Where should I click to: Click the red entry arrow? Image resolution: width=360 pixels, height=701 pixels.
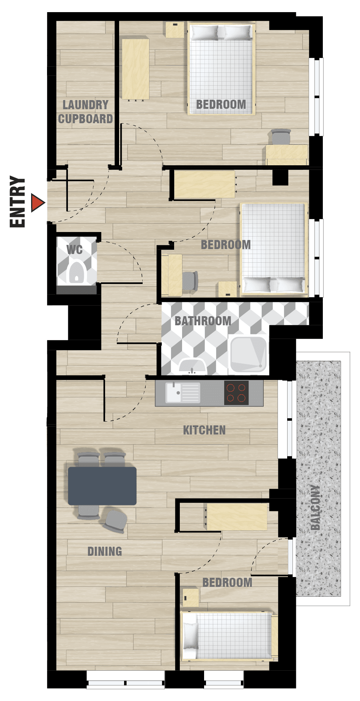click(37, 203)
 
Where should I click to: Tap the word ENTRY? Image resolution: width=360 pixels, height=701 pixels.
click(17, 202)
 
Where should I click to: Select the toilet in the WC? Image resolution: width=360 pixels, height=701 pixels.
click(77, 272)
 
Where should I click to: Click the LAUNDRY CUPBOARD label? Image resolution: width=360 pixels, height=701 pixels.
click(86, 112)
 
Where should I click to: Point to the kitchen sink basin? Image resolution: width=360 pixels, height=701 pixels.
click(174, 393)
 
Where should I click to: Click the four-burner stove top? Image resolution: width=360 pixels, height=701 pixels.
click(236, 393)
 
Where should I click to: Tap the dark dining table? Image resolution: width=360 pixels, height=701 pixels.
click(102, 486)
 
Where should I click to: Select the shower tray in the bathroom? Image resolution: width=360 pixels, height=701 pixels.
click(248, 354)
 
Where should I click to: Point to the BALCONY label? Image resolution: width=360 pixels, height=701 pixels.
click(315, 507)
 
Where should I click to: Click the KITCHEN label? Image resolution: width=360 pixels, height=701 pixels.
click(204, 430)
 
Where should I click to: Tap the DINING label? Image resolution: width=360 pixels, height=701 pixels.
click(105, 551)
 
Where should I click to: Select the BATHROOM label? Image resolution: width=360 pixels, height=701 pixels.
click(203, 321)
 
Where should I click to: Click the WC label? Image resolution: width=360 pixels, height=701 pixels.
click(74, 250)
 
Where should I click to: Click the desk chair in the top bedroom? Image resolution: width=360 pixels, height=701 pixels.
click(281, 137)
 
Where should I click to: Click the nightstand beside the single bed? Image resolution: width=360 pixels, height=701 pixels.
click(191, 598)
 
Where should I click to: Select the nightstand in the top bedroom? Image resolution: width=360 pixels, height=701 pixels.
click(175, 30)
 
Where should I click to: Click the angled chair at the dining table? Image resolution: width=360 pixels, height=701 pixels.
click(115, 522)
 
